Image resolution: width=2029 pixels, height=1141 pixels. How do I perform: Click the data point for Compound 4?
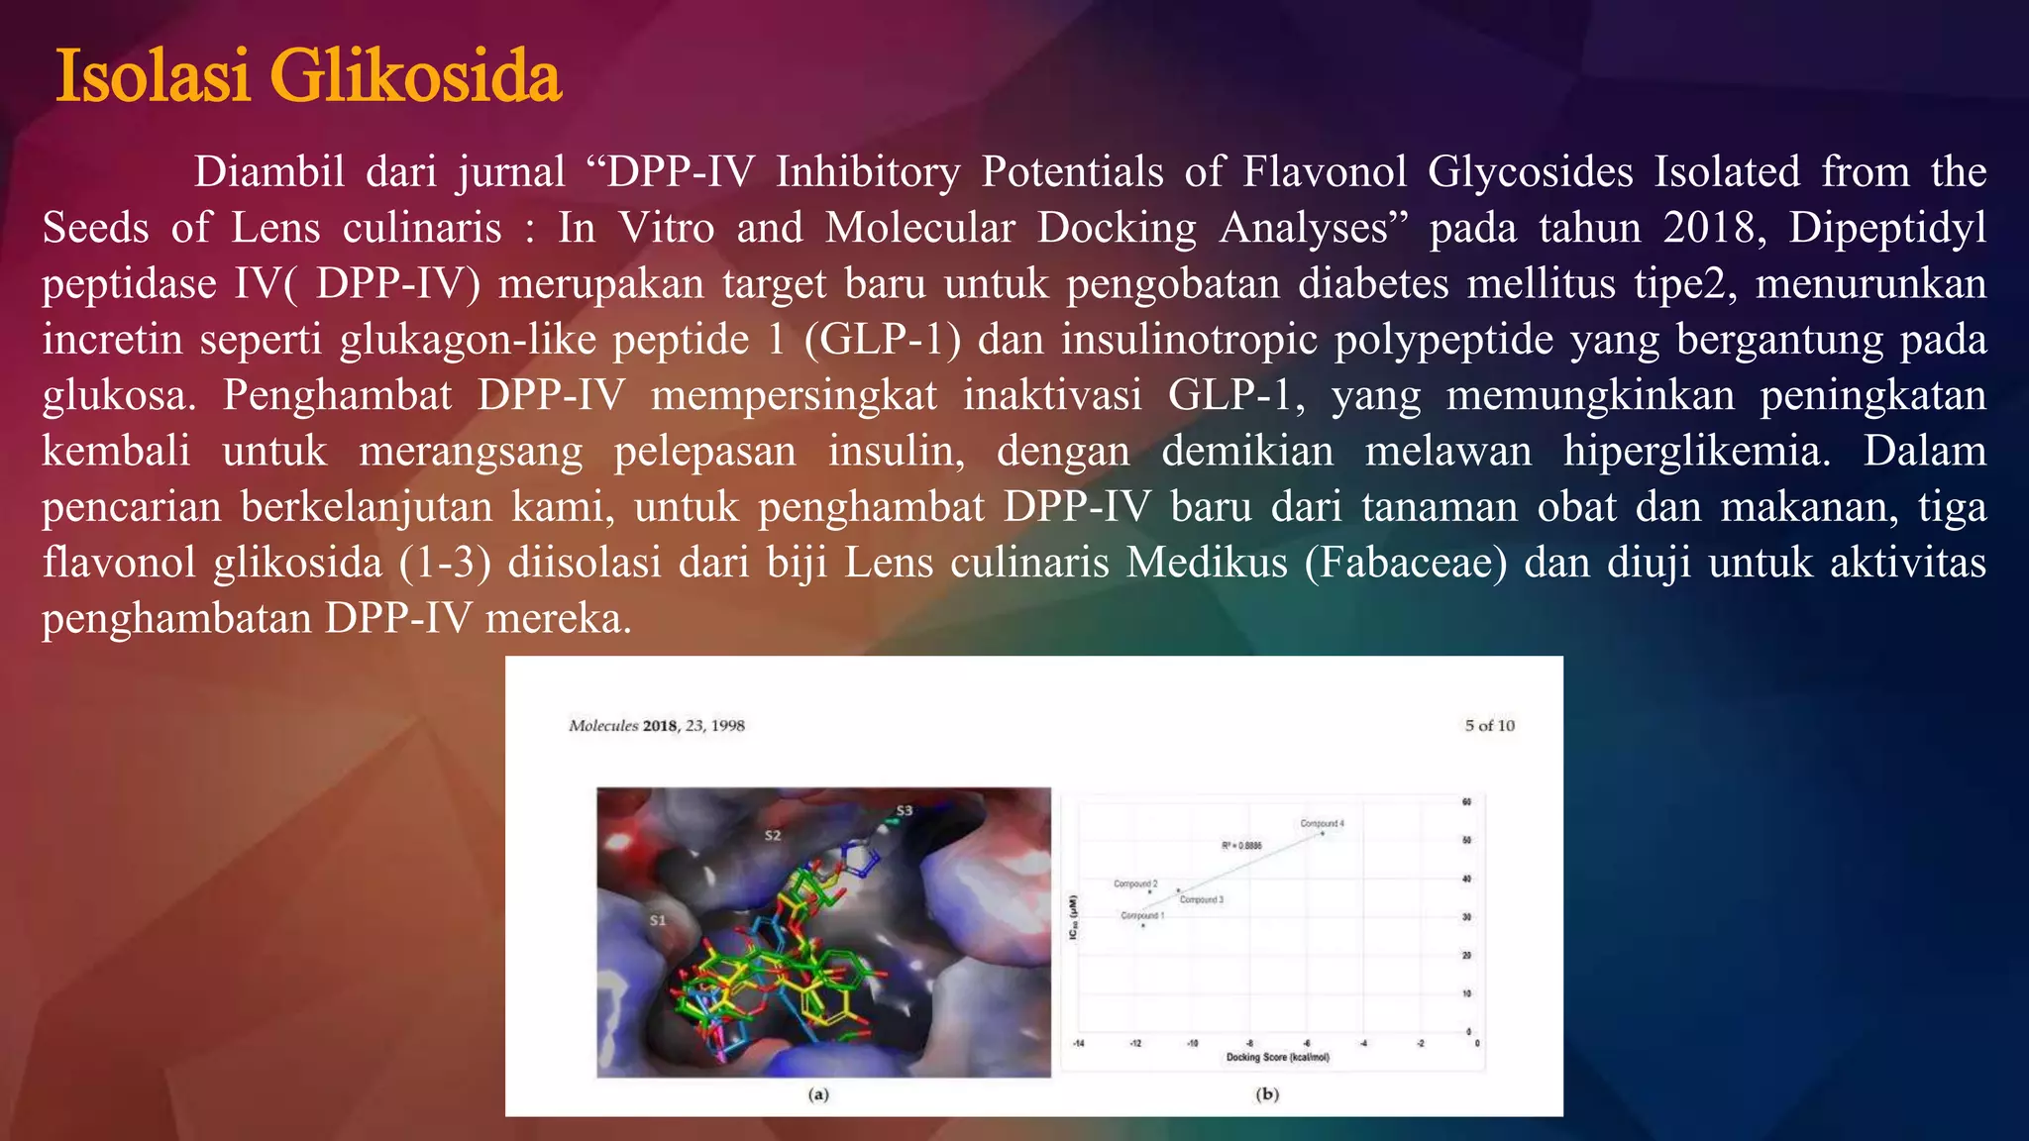tap(1323, 834)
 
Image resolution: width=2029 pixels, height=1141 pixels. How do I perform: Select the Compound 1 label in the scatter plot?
tap(1141, 915)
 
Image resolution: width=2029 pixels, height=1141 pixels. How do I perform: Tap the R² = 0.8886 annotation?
tap(1241, 845)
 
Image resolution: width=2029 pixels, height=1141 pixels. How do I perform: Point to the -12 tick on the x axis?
tap(1135, 1043)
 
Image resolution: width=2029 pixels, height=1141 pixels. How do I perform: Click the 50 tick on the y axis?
tap(1467, 840)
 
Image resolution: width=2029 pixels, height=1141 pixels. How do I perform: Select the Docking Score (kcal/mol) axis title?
tap(1277, 1057)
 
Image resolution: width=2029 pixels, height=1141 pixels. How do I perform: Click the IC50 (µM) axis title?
tap(1072, 917)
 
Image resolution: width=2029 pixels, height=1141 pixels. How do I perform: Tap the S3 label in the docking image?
tap(904, 811)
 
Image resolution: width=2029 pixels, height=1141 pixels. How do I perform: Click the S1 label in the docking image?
tap(658, 920)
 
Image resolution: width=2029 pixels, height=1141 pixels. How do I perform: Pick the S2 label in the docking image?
tap(773, 836)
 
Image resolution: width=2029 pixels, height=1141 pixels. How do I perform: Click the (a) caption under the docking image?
tap(818, 1094)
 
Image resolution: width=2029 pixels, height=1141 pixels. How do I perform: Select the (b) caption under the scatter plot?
tap(1267, 1094)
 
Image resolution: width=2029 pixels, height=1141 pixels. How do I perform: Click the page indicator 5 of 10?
tap(1489, 725)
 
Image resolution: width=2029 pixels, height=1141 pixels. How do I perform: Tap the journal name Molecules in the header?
tap(603, 726)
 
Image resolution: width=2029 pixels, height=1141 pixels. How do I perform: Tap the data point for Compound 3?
tap(1178, 889)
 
